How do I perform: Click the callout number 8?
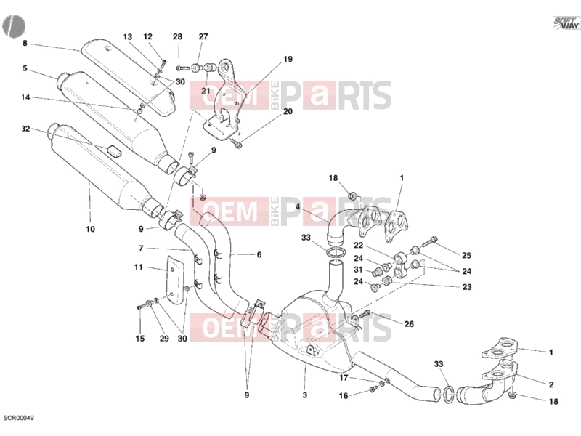click(25, 43)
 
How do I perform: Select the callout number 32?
click(25, 129)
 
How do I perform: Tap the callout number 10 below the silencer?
click(90, 229)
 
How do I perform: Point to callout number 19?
click(288, 59)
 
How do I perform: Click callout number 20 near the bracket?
click(288, 111)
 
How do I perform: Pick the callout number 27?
click(203, 36)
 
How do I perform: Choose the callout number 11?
click(138, 267)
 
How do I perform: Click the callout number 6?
click(259, 255)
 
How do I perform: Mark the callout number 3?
click(304, 395)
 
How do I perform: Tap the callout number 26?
click(409, 324)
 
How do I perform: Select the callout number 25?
click(466, 256)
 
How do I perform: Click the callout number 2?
click(551, 385)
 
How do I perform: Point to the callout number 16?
click(344, 396)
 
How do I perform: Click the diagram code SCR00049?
click(19, 418)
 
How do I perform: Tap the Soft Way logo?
click(566, 23)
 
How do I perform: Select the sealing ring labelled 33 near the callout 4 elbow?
click(336, 253)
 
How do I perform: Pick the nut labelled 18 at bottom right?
click(513, 395)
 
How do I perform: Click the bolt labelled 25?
click(429, 242)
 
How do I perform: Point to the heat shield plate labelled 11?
click(175, 280)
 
